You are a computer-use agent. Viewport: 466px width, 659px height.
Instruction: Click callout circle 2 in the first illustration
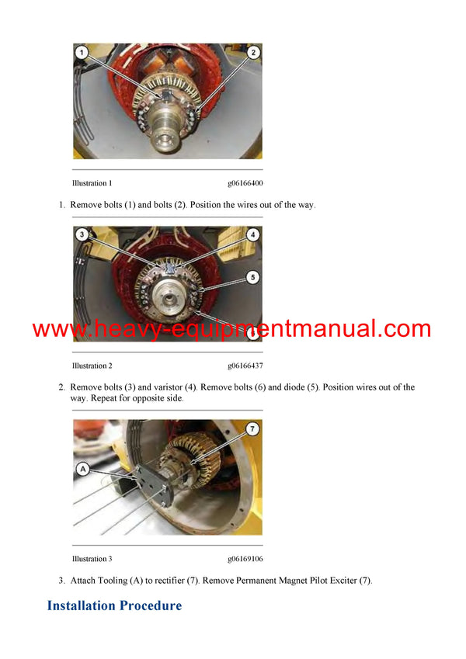click(253, 54)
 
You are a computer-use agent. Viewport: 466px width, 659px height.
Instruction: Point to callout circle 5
click(253, 277)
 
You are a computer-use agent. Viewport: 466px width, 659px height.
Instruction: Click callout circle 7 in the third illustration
click(253, 428)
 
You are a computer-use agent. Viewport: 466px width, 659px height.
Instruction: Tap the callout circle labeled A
click(82, 468)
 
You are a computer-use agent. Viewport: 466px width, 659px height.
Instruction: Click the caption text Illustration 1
click(92, 184)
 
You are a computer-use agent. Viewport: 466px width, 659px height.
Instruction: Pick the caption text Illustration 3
click(92, 559)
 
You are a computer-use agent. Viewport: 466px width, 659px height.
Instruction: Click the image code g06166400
click(245, 184)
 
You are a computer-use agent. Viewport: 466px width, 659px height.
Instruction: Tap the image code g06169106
click(245, 559)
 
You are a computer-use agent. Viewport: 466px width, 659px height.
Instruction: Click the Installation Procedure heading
click(114, 605)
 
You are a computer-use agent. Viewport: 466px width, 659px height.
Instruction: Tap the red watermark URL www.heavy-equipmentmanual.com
click(231, 329)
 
